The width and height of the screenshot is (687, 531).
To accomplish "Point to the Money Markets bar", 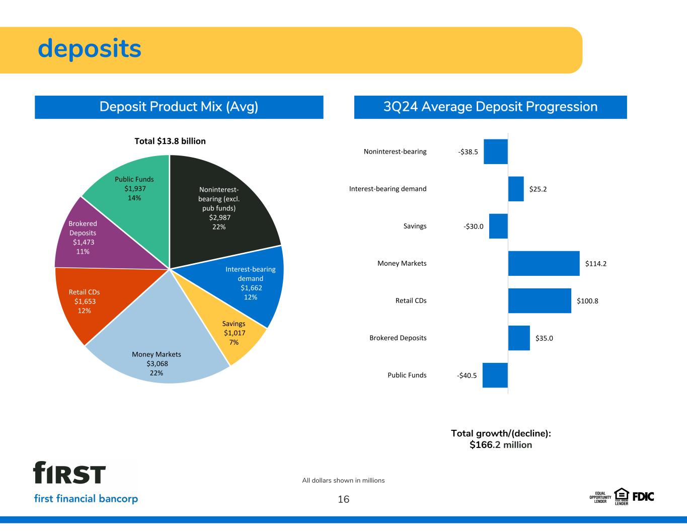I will [x=544, y=263].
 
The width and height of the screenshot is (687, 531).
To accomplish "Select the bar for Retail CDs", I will [x=540, y=300].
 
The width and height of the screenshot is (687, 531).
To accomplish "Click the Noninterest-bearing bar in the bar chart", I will [x=496, y=151].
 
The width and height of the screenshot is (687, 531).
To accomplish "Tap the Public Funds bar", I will [x=495, y=375].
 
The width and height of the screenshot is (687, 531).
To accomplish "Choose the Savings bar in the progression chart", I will [x=498, y=226].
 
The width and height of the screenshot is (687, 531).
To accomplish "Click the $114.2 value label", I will [x=596, y=263].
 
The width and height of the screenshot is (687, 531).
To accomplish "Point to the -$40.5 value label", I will [x=467, y=375].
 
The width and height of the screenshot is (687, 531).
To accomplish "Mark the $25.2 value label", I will [x=538, y=189].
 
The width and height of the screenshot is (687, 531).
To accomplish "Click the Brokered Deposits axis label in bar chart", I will [x=398, y=338].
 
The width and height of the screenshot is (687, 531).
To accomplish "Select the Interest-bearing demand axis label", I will [x=388, y=189].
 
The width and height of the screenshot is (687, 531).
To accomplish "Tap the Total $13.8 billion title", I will [x=170, y=141].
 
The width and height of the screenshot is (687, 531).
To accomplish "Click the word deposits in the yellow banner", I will [x=90, y=49].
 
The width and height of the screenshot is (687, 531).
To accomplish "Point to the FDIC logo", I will [x=643, y=496].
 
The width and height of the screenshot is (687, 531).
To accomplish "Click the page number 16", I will [x=343, y=499].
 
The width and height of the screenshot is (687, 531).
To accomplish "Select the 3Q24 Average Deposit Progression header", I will [x=490, y=107].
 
